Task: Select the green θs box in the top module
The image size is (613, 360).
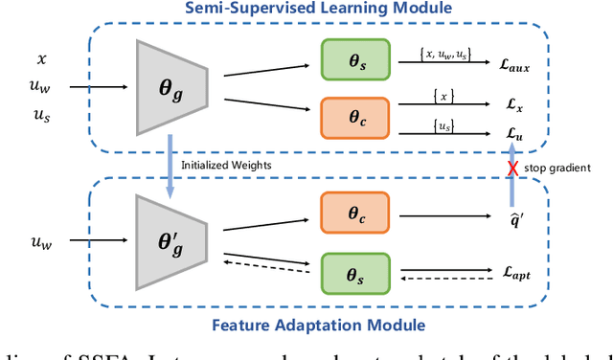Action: click(x=355, y=63)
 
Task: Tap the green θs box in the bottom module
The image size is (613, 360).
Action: click(x=355, y=276)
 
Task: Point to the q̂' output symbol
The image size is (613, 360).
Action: click(x=515, y=216)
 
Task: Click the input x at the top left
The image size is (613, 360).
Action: click(x=40, y=59)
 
